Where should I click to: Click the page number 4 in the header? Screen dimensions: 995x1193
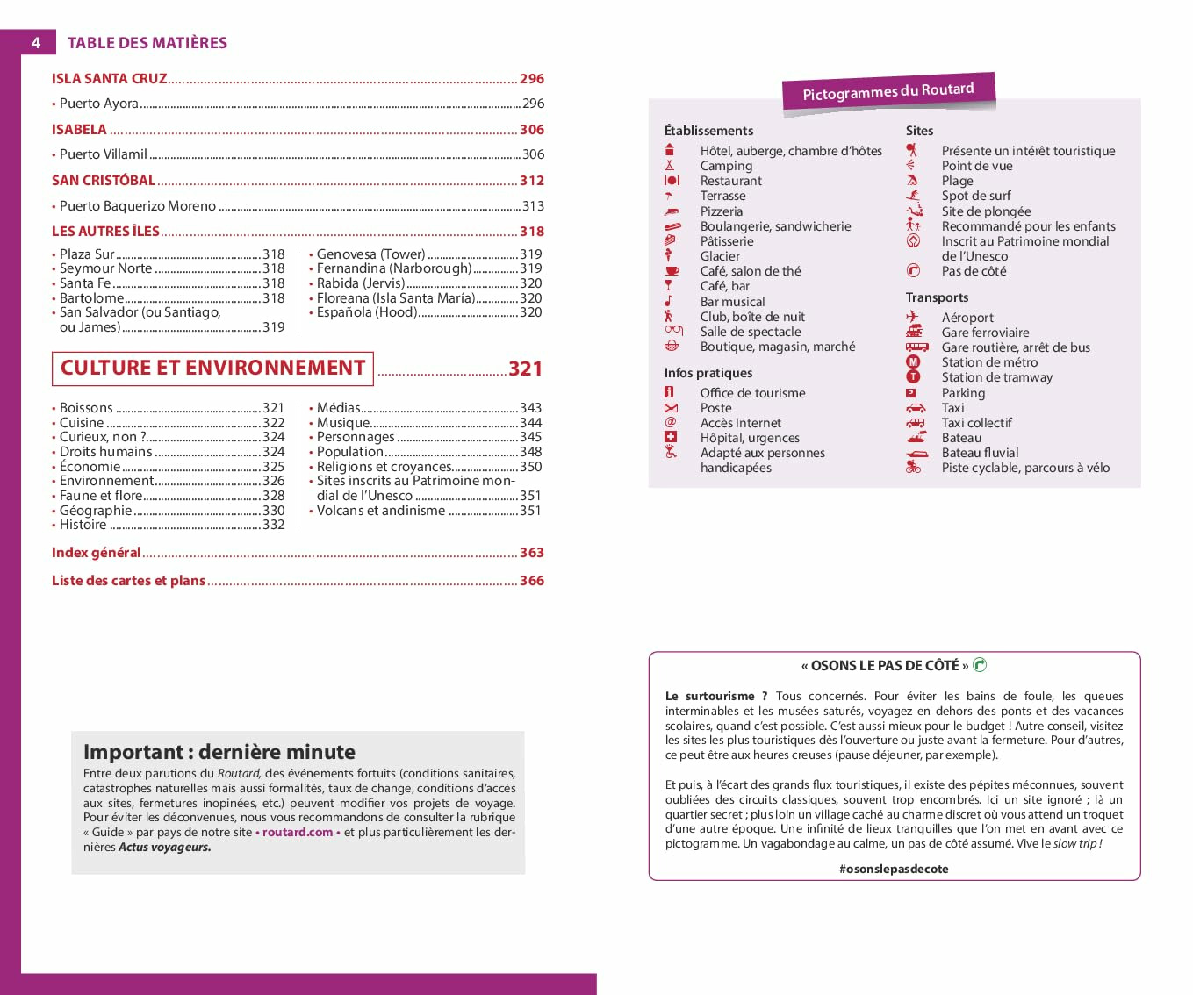(x=36, y=42)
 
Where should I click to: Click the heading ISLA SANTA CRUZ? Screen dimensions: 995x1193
(x=109, y=79)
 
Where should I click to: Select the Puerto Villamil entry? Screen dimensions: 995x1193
(x=103, y=154)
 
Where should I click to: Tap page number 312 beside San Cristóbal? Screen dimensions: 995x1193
(x=532, y=181)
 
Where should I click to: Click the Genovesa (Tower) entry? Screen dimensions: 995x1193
(x=370, y=254)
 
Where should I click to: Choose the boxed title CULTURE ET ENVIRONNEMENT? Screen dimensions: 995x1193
(x=212, y=369)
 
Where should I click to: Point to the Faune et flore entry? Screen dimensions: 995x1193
(x=101, y=496)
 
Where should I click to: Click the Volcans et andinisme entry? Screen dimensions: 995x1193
(x=380, y=511)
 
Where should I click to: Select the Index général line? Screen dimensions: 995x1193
(x=96, y=553)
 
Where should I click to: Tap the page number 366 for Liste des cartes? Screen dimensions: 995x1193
(x=532, y=581)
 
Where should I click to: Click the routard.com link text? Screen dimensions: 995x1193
(x=298, y=833)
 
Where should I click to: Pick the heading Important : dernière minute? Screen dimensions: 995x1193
(x=219, y=752)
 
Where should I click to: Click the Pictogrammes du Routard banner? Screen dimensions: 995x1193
(x=888, y=91)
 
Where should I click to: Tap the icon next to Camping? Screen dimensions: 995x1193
(x=670, y=166)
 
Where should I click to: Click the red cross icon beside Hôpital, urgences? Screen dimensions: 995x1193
(x=671, y=437)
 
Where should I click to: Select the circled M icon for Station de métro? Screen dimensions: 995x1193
(x=913, y=362)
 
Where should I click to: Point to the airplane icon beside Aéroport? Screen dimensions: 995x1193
(x=913, y=317)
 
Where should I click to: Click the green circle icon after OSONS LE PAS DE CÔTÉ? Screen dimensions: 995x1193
(x=980, y=665)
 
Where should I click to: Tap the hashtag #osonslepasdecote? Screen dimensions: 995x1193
(x=894, y=869)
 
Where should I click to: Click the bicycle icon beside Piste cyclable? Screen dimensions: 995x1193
(x=913, y=468)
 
